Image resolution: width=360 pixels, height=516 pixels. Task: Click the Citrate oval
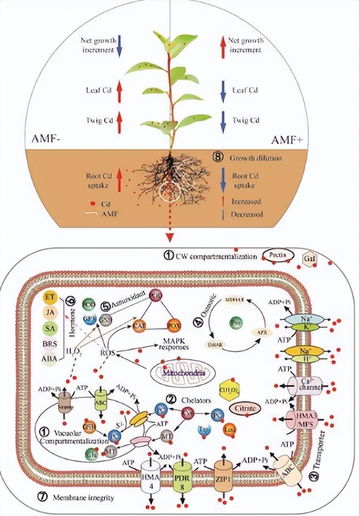[248, 408]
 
